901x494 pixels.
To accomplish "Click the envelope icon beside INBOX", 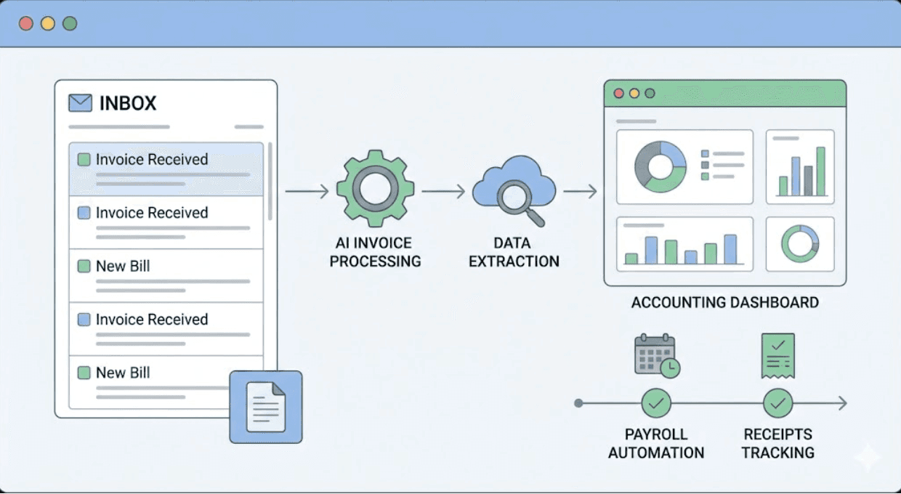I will point(80,103).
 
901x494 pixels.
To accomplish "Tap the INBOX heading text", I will point(128,103).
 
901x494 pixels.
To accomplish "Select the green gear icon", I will point(375,189).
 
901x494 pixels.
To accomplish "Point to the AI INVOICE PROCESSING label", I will point(375,252).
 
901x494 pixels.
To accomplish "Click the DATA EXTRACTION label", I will point(514,252).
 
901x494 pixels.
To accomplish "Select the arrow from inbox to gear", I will point(307,192).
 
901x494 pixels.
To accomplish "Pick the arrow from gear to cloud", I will point(443,192).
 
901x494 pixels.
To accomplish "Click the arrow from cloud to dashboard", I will point(580,192).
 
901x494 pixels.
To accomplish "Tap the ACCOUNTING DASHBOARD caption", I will point(724,302).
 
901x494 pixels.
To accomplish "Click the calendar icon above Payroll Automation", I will point(656,356).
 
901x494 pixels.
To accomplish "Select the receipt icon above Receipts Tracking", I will point(777,356).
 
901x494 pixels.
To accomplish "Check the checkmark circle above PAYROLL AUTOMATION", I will point(656,403).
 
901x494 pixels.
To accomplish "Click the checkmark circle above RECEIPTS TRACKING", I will point(777,403).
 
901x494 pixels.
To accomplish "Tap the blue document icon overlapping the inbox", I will point(265,407).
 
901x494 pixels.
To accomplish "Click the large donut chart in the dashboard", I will point(660,166).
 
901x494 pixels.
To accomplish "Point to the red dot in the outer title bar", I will point(26,23).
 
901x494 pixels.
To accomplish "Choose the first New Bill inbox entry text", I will point(123,267).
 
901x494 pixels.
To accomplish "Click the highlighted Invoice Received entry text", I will point(152,160).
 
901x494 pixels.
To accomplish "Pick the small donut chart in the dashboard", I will point(800,243).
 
